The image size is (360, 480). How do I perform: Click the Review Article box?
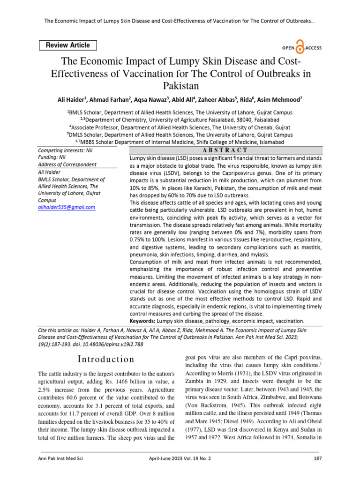click(x=68, y=45)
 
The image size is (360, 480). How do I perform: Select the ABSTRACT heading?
click(x=225, y=150)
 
